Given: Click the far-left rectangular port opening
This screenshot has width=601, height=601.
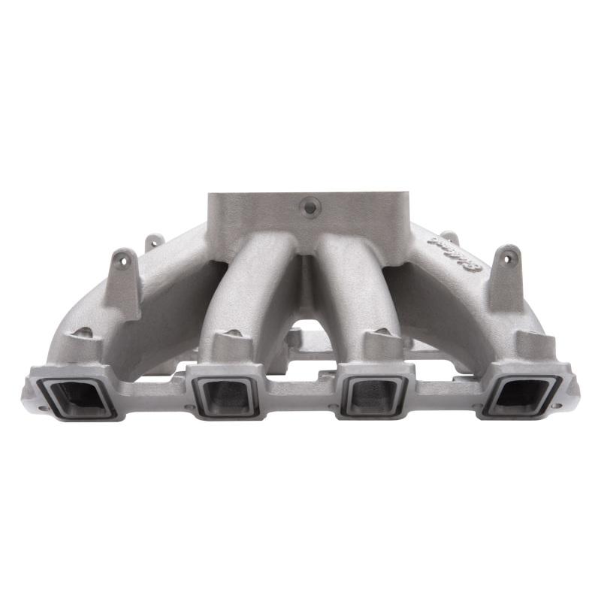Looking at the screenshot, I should pos(83,394).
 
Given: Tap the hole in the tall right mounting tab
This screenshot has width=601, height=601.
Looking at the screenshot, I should pos(512,258).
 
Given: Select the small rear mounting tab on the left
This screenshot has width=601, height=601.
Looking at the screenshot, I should pos(154,242).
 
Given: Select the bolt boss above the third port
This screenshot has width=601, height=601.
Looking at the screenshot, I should pos(379,343).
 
